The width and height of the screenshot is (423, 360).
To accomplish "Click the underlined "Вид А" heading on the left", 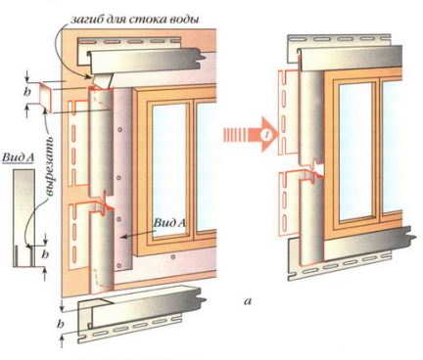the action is [x=19, y=157].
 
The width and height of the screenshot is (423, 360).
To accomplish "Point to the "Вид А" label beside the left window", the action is [x=169, y=223].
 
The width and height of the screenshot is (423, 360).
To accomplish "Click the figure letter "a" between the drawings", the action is [x=248, y=301].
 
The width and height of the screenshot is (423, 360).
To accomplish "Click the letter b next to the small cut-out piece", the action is [x=27, y=92].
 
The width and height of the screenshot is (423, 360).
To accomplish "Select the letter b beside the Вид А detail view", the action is [x=45, y=253].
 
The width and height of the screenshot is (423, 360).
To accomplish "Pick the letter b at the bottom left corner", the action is [x=60, y=324].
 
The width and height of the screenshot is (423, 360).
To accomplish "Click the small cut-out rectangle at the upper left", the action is [x=45, y=96].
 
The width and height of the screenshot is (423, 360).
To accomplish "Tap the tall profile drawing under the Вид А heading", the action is [x=24, y=218].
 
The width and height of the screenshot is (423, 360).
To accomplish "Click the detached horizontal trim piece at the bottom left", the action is [x=141, y=314].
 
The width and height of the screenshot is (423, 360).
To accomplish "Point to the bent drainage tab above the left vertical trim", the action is [x=101, y=80].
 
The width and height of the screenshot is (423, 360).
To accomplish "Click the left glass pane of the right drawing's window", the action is [x=356, y=152].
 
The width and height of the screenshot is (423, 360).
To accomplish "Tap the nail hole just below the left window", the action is [x=173, y=257].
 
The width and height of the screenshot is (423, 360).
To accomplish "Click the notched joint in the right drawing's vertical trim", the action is [x=314, y=169].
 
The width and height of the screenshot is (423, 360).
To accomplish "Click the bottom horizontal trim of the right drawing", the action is [x=352, y=253].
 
